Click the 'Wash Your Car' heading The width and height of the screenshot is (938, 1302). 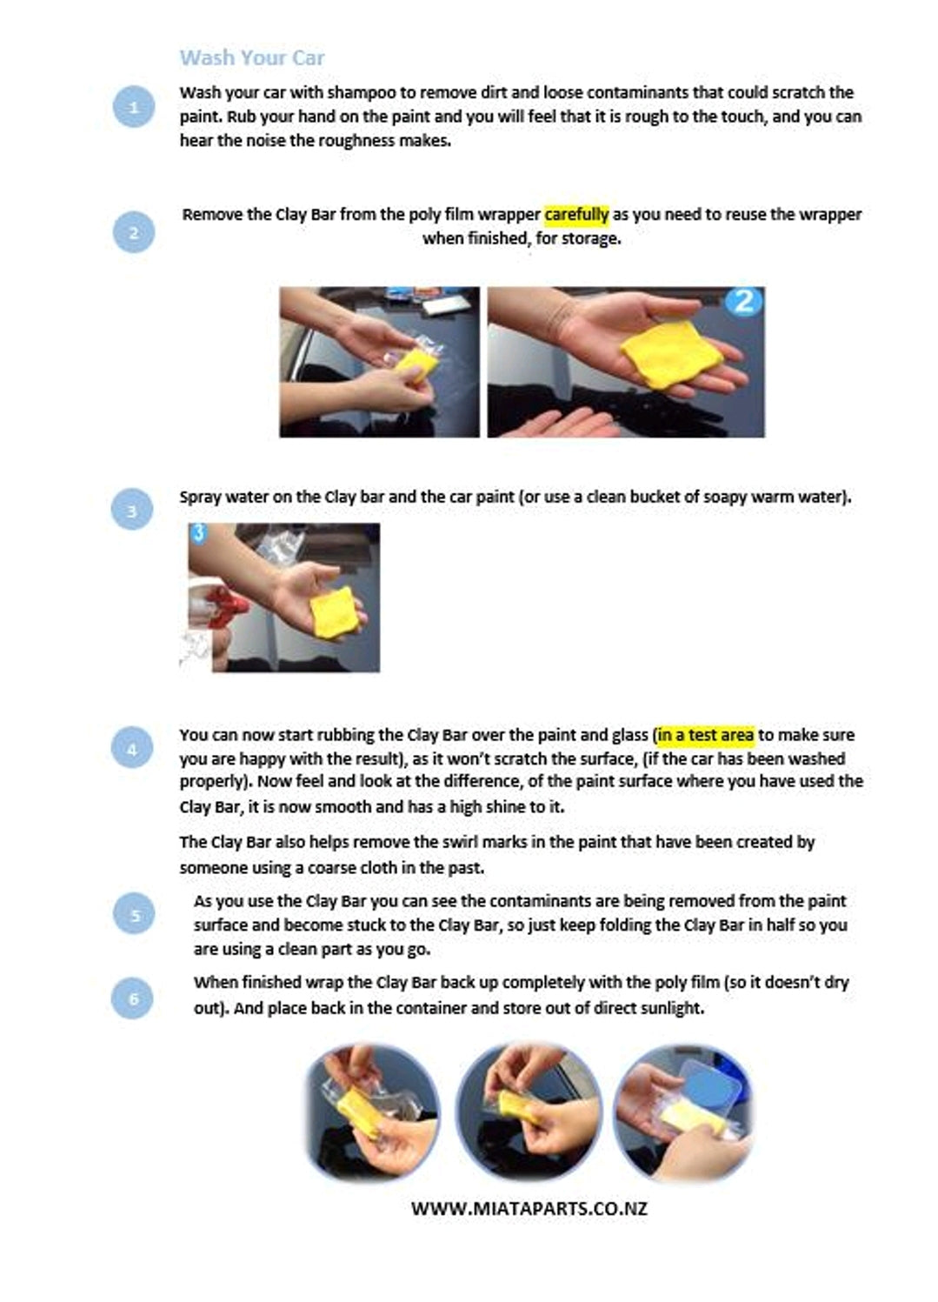point(251,57)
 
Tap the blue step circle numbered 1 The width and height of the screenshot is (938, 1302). point(134,106)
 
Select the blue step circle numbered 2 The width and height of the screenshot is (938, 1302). point(134,232)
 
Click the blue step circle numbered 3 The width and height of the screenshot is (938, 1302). point(132,509)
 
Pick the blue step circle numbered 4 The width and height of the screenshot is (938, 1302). point(132,747)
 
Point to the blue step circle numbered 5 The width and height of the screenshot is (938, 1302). point(134,913)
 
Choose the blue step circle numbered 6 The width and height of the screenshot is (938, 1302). point(133,998)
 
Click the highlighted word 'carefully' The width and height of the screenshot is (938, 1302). point(576,215)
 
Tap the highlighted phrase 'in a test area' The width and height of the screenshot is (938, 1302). point(706,735)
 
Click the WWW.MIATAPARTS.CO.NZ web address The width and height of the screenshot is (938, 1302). point(529,1209)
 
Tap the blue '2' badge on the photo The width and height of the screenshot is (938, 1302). point(744,302)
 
